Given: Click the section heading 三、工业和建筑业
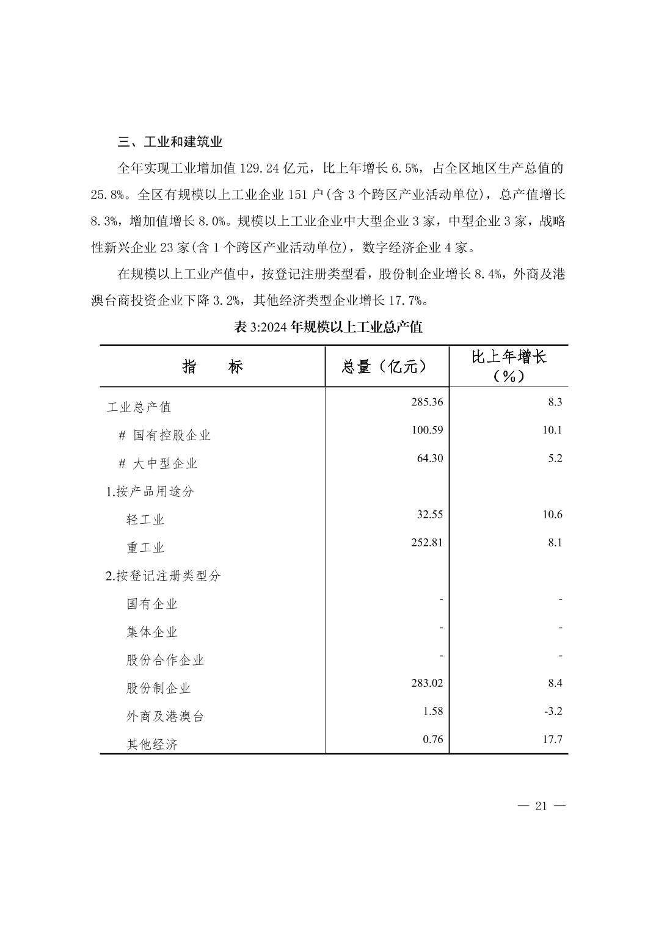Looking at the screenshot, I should [170, 142].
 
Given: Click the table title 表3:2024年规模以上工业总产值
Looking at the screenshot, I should [328, 327].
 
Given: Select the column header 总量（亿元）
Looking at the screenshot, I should [384, 366].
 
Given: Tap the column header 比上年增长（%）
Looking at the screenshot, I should [509, 366].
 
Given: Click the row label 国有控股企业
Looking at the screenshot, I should [172, 435].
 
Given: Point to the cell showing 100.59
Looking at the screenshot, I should [427, 430].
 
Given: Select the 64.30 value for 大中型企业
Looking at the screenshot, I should [430, 458].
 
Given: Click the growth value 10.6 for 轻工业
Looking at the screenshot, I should [552, 514].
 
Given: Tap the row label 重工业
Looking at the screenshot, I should [145, 548].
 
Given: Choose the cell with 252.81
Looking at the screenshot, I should [427, 542].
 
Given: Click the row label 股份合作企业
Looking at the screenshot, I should [165, 660].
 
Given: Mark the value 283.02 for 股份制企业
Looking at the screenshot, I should [427, 683].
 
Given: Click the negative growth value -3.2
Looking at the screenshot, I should [555, 711].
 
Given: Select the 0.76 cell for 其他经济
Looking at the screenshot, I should [432, 739].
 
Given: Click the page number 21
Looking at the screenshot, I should [541, 806].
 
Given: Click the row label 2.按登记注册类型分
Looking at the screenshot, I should [163, 576].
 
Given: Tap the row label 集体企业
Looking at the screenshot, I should [152, 632].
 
